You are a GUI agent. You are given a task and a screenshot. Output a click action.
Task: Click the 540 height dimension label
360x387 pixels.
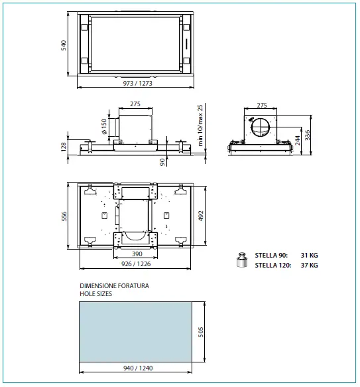pyautogui.click(x=64, y=45)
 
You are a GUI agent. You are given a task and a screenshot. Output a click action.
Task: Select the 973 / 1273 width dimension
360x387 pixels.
pyautogui.click(x=135, y=84)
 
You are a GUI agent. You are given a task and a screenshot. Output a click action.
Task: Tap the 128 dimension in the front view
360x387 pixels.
pyautogui.click(x=64, y=146)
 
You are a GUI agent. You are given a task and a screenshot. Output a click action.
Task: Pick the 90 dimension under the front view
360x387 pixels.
pyautogui.click(x=162, y=161)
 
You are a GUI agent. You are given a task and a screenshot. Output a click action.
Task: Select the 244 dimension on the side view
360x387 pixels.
pyautogui.click(x=296, y=137)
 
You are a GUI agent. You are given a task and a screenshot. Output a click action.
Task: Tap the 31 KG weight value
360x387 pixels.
pyautogui.click(x=308, y=255)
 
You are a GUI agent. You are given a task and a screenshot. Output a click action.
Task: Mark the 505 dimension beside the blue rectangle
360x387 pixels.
pyautogui.click(x=202, y=332)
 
